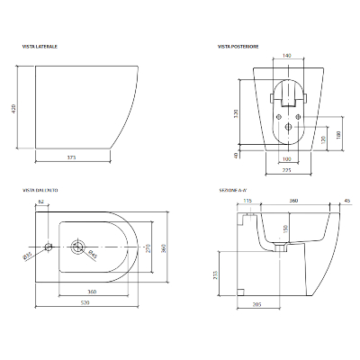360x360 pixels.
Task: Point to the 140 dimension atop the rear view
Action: point(286,56)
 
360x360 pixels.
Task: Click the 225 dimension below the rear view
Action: point(285,168)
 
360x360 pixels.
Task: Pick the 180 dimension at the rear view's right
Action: point(337,134)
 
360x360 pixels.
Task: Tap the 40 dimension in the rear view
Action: point(237,155)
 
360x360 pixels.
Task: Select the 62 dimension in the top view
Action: point(41,202)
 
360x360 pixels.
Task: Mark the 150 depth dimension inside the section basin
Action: point(286,229)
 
